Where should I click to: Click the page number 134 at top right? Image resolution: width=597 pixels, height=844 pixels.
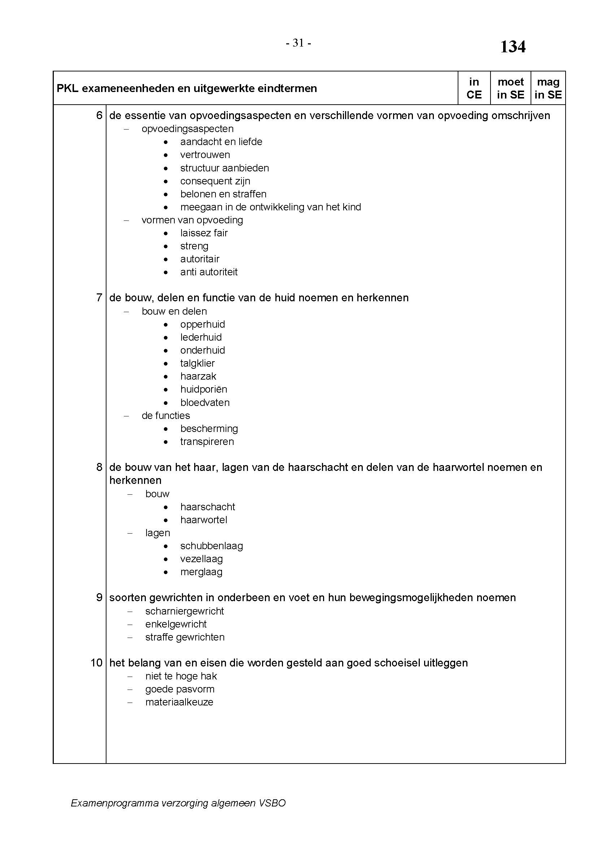tap(513, 47)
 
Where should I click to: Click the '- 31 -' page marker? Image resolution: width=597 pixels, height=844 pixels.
tap(298, 43)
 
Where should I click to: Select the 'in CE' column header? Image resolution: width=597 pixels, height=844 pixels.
tap(474, 88)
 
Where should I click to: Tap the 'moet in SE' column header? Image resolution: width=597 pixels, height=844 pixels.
tap(511, 88)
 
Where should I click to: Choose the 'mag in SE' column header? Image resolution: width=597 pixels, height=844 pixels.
tap(548, 88)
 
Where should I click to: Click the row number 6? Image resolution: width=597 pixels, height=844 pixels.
tap(99, 115)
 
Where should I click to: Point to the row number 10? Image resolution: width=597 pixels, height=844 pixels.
tap(97, 663)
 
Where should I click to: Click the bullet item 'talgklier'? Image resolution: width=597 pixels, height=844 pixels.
tap(197, 363)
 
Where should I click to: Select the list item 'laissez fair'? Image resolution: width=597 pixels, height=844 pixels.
tap(204, 233)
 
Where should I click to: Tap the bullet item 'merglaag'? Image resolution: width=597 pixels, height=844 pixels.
tap(201, 572)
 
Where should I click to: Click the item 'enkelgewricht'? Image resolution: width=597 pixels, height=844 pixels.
tap(176, 624)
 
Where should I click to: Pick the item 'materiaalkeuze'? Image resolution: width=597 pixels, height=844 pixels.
tap(179, 702)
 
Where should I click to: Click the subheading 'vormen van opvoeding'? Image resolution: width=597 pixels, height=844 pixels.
tap(192, 220)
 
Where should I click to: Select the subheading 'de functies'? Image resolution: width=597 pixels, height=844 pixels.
tap(166, 415)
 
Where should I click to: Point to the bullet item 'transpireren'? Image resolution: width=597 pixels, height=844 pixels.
tap(207, 441)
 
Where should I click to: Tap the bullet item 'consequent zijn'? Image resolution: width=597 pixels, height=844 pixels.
tap(215, 181)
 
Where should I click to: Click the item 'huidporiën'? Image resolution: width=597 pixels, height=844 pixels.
tap(204, 389)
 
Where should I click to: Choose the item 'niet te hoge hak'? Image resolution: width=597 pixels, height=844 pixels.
tap(181, 676)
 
